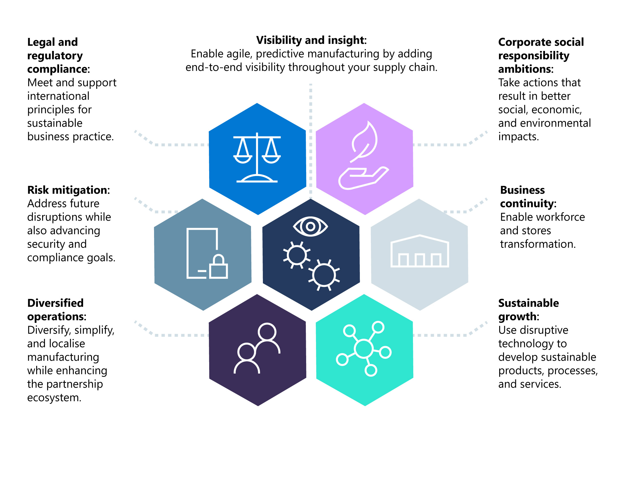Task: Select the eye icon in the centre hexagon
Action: click(x=310, y=226)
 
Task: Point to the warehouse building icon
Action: click(x=419, y=251)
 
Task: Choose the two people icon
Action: click(x=257, y=348)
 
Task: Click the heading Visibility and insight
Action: click(x=311, y=40)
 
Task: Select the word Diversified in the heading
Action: click(x=55, y=303)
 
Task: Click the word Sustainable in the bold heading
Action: click(x=528, y=303)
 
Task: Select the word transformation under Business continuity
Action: click(x=537, y=244)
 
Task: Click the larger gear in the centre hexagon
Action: click(x=324, y=275)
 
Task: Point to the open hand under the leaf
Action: click(x=362, y=179)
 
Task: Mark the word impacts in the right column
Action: click(x=518, y=137)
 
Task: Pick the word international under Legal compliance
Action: click(x=58, y=96)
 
